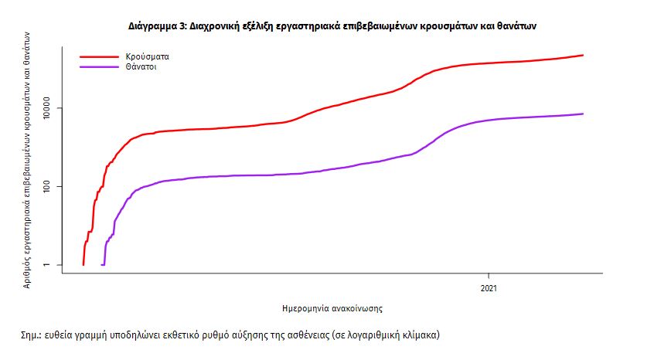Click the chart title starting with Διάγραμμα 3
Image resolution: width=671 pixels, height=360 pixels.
click(332, 25)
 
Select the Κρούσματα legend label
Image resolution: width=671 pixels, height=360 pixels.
click(148, 57)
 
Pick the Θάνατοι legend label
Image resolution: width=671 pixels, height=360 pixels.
click(143, 67)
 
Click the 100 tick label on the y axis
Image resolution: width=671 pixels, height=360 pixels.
click(52, 186)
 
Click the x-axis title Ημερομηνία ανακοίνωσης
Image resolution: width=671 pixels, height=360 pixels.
click(333, 307)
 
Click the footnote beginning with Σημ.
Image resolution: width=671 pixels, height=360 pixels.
click(230, 336)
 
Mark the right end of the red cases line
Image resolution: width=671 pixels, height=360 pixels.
click(583, 56)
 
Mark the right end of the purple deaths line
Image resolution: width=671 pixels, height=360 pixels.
click(583, 114)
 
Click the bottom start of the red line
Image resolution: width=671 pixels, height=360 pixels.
click(83, 264)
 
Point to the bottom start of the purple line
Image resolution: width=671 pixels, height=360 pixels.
click(103, 264)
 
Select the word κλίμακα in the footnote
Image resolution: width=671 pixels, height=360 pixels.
click(418, 336)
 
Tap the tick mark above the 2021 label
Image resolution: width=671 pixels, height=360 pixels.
click(489, 276)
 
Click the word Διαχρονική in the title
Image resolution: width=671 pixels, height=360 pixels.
click(218, 25)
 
